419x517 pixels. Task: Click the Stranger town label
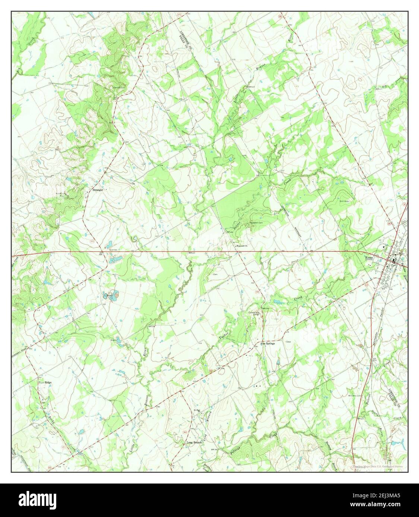click(98, 190)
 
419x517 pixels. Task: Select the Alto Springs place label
click(267, 344)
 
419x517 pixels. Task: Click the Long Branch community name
click(194, 442)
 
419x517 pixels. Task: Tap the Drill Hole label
click(343, 201)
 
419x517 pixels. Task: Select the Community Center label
click(255, 314)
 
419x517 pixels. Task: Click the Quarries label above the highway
click(113, 250)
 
